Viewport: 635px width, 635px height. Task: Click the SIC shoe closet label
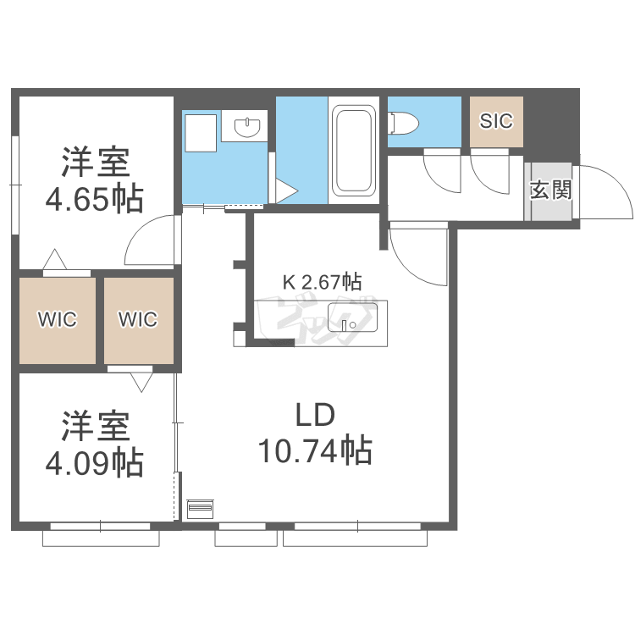(496, 121)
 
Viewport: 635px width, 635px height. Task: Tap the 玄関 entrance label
(551, 190)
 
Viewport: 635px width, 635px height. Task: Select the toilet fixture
(403, 123)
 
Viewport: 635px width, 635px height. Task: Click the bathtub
(354, 150)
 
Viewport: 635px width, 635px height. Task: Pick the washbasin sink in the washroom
(246, 127)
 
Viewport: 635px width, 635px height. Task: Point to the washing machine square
(201, 133)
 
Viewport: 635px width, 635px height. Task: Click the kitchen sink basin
(352, 317)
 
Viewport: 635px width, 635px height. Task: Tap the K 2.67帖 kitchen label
(322, 282)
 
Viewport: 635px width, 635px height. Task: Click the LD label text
(315, 415)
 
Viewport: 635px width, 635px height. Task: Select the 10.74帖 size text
(315, 450)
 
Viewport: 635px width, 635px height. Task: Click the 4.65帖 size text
(94, 198)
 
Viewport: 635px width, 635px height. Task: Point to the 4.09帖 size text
(94, 463)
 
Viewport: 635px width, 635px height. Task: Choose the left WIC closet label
(57, 319)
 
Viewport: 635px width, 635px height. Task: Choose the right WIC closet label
(138, 319)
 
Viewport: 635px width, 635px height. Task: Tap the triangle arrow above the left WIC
(55, 259)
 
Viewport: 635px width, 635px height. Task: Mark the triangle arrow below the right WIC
(141, 383)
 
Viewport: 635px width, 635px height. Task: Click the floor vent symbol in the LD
(200, 509)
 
